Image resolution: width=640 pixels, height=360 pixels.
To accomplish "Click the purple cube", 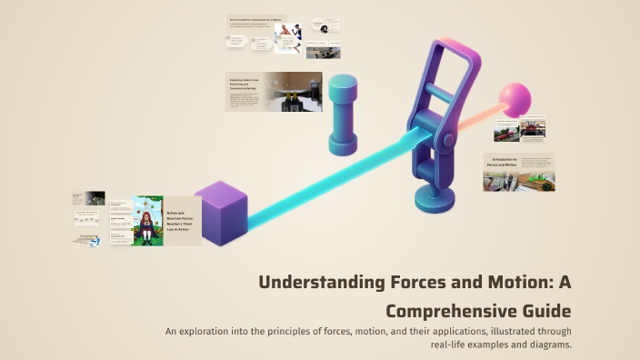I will pyautogui.click(x=221, y=213).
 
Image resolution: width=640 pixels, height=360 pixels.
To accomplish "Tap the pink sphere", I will pyautogui.click(x=515, y=100).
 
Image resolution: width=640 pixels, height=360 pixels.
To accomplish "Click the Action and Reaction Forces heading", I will pyautogui.click(x=181, y=221).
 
